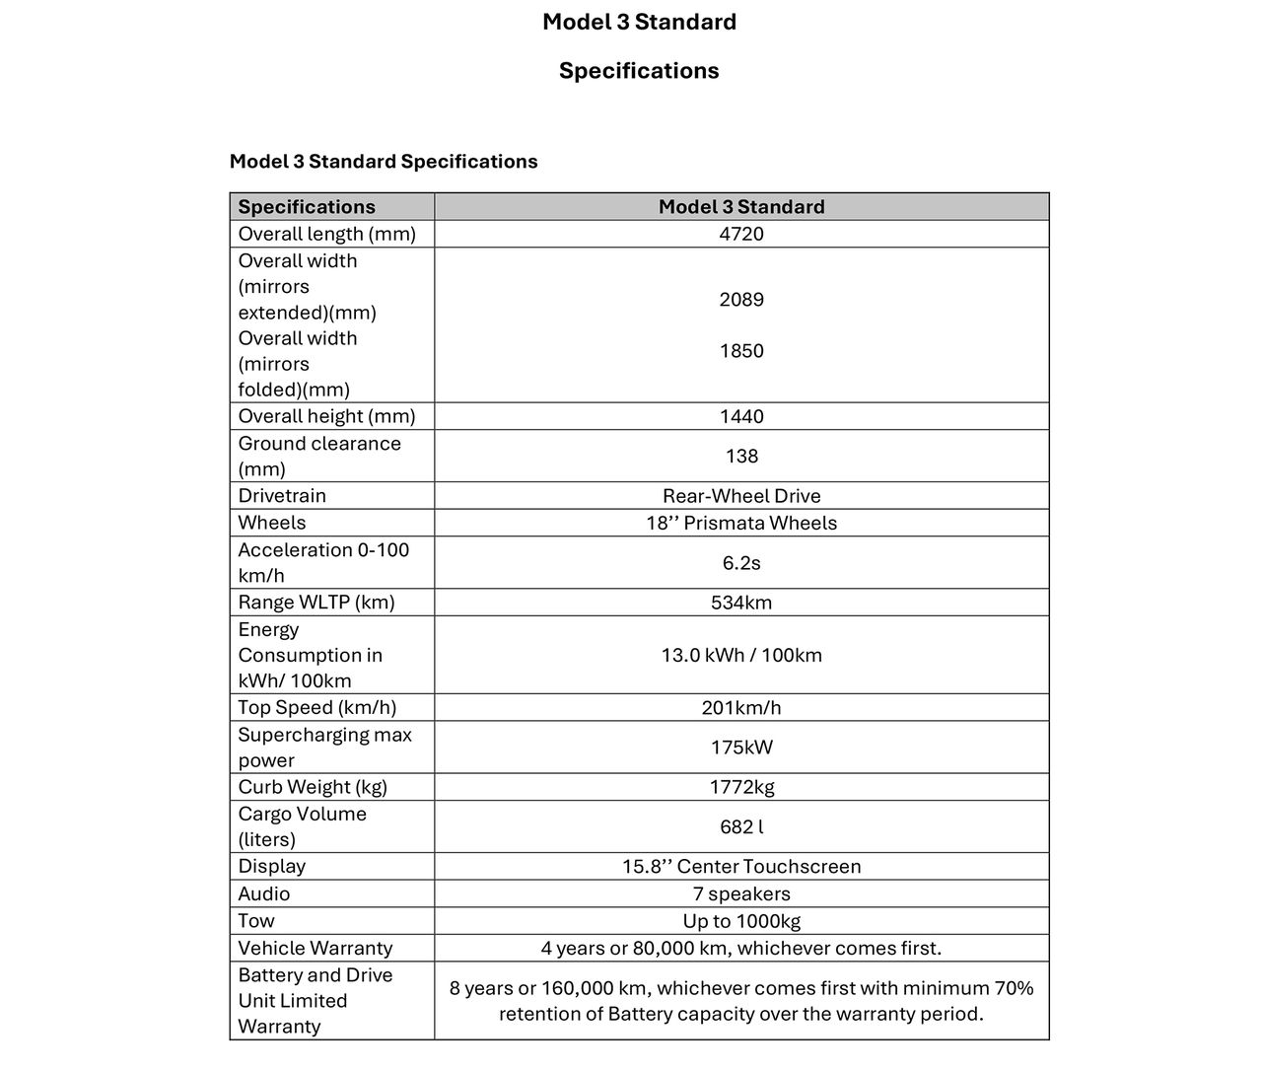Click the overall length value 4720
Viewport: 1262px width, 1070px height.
[741, 234]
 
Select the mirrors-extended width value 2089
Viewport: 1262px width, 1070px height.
[741, 300]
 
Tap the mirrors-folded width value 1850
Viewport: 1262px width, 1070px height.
[741, 351]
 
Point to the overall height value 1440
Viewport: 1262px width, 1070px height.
[741, 416]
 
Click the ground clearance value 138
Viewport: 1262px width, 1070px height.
[741, 456]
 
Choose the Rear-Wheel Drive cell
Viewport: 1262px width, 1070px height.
[741, 496]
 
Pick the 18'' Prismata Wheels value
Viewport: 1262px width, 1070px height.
[741, 523]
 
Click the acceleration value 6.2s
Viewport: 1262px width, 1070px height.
[741, 563]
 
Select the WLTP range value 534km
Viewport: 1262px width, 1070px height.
[741, 603]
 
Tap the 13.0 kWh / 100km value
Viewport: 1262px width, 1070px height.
[741, 655]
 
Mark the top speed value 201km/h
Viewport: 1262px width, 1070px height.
[741, 708]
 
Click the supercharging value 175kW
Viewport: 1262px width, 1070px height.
[741, 748]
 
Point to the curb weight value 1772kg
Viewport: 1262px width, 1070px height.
[741, 787]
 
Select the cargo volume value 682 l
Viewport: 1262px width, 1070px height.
[741, 827]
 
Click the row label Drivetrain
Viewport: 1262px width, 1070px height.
[282, 496]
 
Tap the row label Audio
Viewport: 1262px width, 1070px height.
[264, 893]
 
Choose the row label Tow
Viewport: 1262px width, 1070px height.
[256, 921]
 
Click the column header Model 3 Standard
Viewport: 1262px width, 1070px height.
[741, 207]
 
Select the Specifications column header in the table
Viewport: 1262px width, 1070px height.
[307, 207]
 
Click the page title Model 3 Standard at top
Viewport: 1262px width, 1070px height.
[639, 22]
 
